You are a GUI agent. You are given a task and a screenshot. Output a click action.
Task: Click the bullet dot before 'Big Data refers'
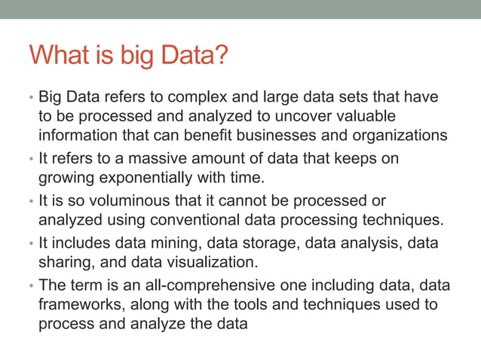(x=32, y=99)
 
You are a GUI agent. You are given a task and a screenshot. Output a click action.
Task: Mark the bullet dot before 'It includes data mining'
(x=32, y=245)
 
